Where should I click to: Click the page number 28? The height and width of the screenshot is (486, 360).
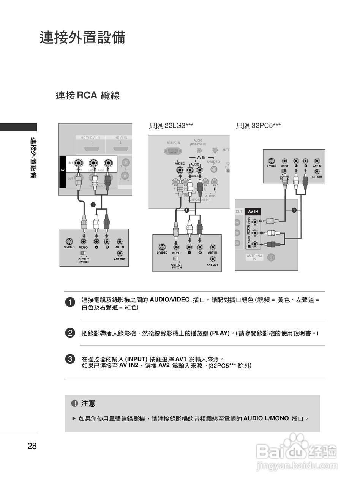[x=32, y=446]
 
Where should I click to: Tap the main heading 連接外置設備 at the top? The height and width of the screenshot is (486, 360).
[x=82, y=38]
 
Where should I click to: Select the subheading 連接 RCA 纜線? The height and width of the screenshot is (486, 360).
[x=88, y=95]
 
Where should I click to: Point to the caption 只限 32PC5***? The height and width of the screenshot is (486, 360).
[x=258, y=126]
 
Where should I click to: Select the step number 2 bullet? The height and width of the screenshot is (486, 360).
[x=70, y=333]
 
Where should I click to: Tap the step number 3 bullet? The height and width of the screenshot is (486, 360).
[x=70, y=359]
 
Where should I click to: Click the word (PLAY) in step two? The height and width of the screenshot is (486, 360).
[x=220, y=333]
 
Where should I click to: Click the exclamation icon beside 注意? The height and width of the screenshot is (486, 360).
[x=74, y=403]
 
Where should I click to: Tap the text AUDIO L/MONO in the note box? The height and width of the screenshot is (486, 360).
[x=266, y=418]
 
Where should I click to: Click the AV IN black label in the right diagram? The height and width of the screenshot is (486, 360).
[x=253, y=211]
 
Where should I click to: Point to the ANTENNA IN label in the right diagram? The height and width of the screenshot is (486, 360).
[x=254, y=257]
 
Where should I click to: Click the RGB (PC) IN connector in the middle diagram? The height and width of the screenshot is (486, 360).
[x=173, y=151]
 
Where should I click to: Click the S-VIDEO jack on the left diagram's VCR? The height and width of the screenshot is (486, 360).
[x=69, y=241]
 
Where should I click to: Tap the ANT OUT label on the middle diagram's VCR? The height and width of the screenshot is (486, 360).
[x=213, y=265]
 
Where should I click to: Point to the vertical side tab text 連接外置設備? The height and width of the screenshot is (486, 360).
[x=33, y=158]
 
